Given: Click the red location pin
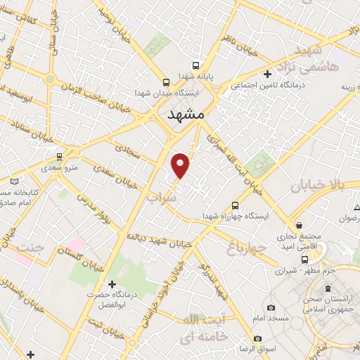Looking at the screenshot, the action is (181, 165).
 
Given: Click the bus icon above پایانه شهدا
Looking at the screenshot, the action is (165, 82).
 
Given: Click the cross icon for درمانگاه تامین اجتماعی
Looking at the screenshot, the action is (266, 74).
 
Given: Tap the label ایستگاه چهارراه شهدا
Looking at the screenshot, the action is (236, 215).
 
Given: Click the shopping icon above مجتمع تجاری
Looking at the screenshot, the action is (300, 225).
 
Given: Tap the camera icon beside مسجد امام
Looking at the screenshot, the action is (271, 307).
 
